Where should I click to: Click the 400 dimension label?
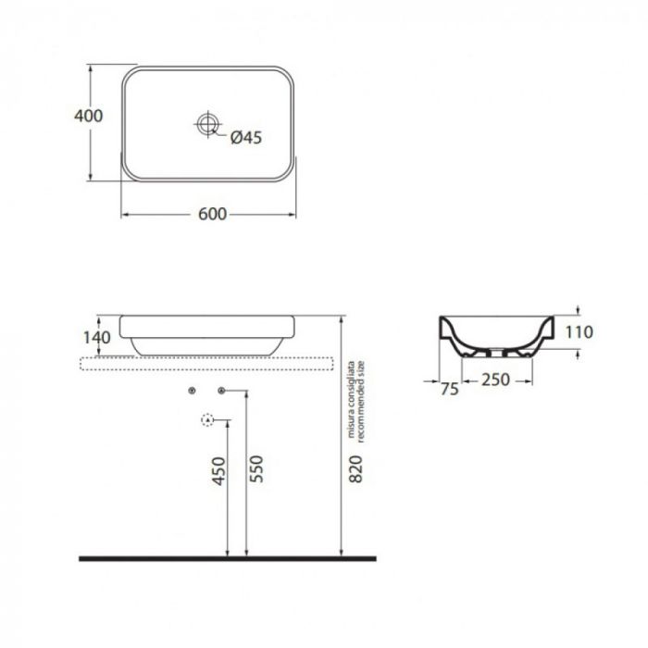89,116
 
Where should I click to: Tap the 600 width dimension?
212,214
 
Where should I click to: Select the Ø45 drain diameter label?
246,137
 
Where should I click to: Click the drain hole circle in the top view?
207,123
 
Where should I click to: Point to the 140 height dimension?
96,338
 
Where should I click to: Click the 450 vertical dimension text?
218,470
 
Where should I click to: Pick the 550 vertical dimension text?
256,468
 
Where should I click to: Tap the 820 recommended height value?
355,468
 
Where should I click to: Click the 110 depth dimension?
579,331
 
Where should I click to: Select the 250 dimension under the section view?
495,380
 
